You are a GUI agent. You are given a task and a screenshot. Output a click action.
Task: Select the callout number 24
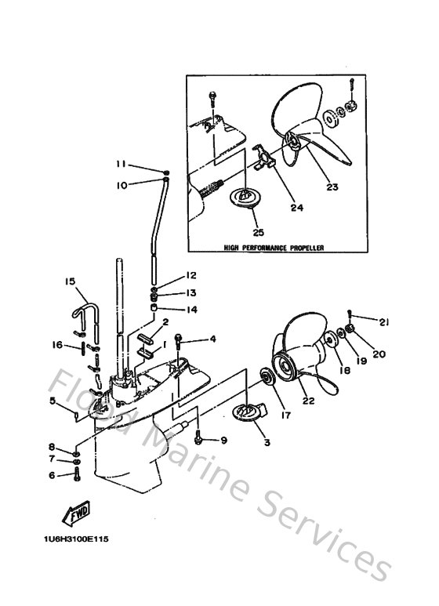[x=297, y=208]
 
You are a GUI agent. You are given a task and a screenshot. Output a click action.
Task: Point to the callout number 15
[x=70, y=281]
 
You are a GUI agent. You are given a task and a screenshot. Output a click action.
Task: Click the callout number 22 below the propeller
[x=307, y=401]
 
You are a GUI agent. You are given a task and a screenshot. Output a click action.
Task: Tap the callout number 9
[x=223, y=441]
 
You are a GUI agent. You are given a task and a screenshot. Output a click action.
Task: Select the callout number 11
[x=121, y=164]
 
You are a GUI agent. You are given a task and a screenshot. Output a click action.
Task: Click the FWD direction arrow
[x=75, y=515]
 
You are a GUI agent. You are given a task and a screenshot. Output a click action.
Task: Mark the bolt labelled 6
[x=76, y=474]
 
